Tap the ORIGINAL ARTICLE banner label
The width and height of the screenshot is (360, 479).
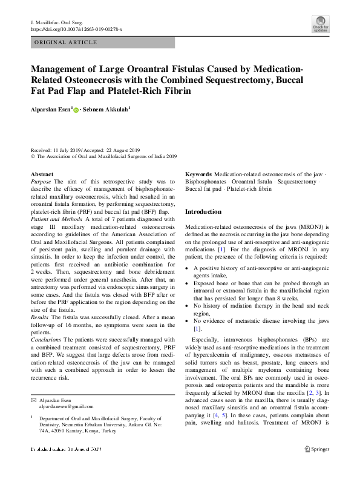point(65,42)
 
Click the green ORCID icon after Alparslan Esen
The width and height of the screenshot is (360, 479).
point(76,109)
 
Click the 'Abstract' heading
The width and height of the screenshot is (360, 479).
point(41,174)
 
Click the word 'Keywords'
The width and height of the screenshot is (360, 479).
point(198,174)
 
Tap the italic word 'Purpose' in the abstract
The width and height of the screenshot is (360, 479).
point(41,181)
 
